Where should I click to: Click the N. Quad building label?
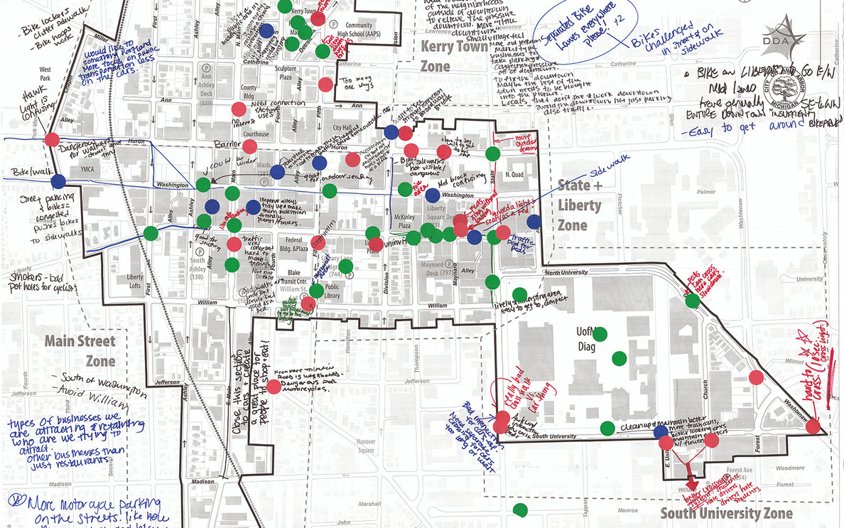coord(514,175)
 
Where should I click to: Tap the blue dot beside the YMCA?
coord(58,181)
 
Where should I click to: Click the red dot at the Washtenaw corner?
coord(813,428)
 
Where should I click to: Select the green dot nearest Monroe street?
coord(521,510)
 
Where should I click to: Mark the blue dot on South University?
coord(661,431)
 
